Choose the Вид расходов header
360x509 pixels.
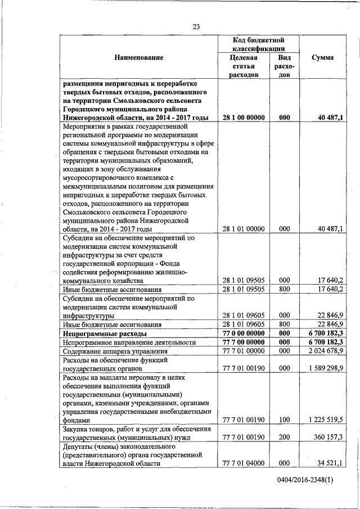[285, 66]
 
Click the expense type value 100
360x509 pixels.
[285, 419]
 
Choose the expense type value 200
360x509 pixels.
[285, 436]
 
